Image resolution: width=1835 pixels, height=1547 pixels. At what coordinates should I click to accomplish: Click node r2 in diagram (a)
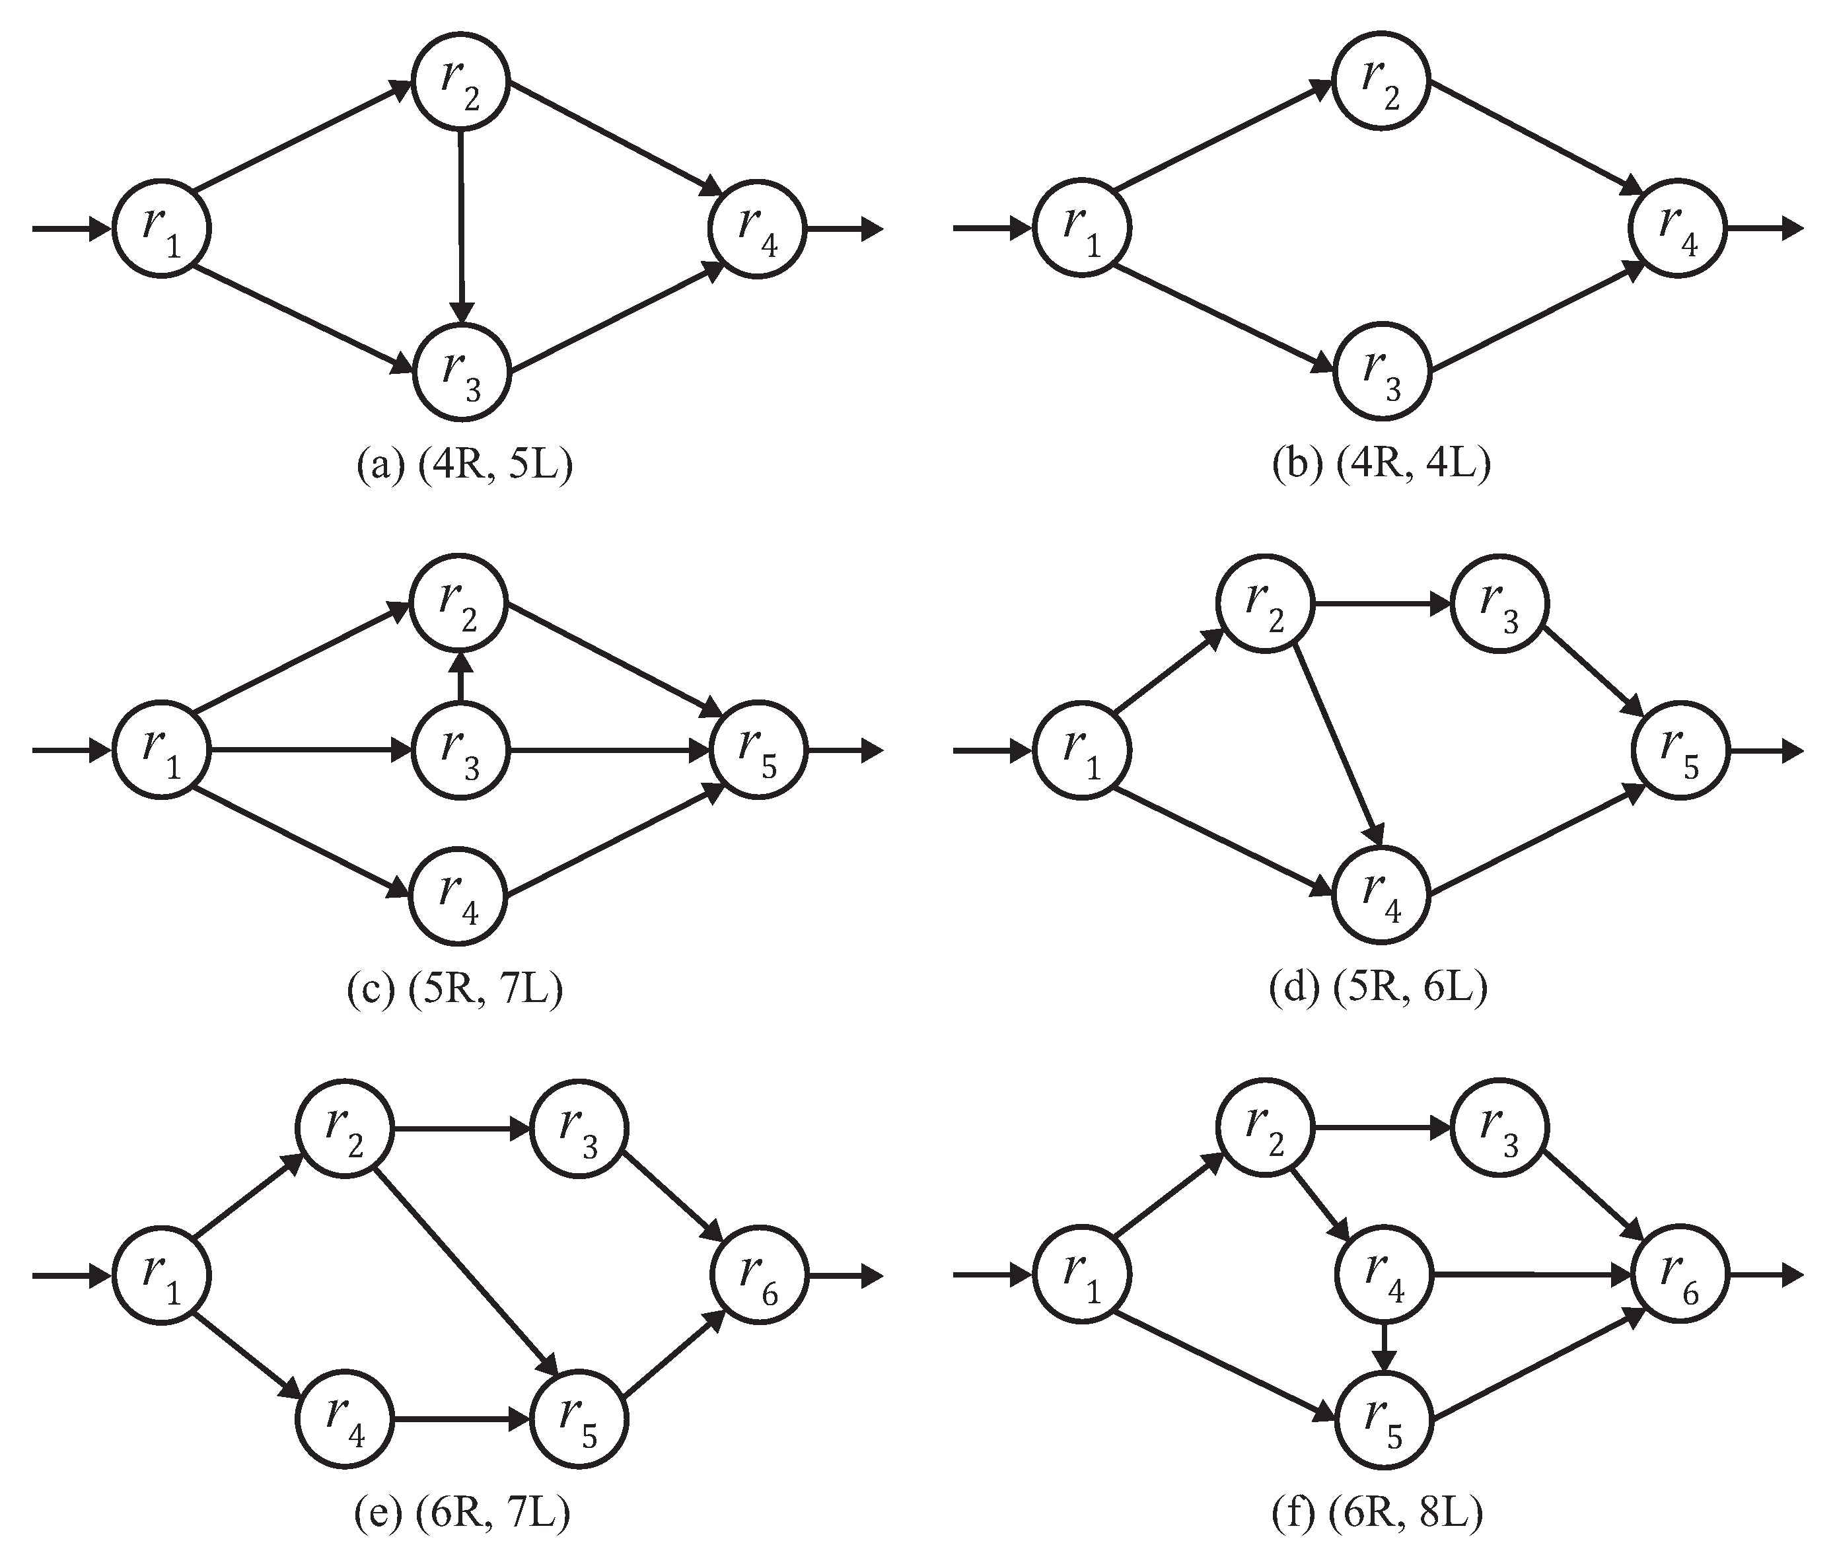pos(460,81)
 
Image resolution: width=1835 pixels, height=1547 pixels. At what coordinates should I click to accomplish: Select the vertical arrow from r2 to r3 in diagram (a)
pos(461,224)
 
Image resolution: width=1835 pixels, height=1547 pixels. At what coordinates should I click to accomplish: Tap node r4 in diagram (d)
pos(1381,896)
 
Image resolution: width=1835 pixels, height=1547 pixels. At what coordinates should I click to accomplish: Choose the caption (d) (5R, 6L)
pos(1379,988)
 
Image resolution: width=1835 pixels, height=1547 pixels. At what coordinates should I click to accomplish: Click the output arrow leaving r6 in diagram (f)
pos(1763,1276)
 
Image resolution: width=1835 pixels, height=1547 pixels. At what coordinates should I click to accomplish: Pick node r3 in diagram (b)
pos(1381,372)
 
